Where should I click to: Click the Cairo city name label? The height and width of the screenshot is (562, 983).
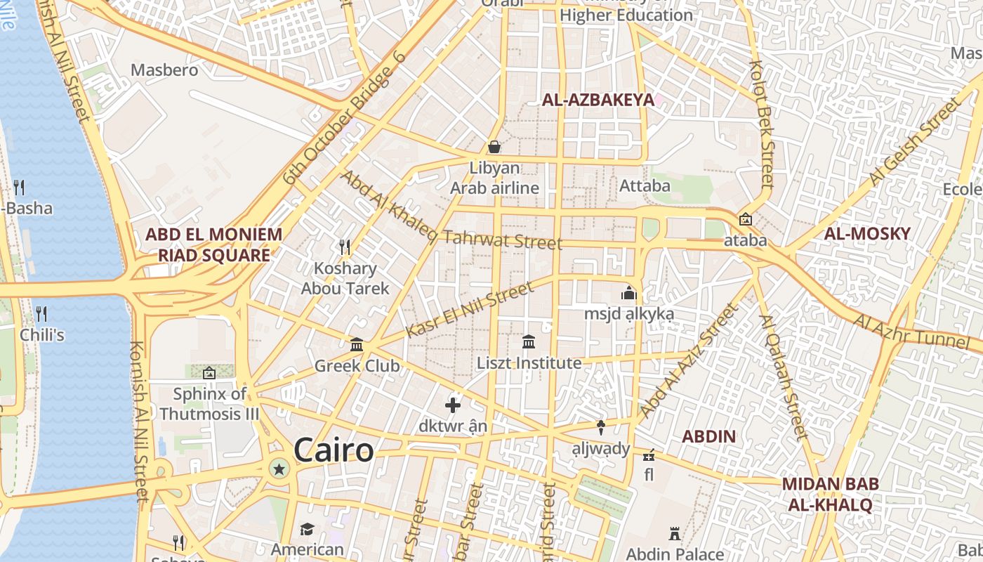click(334, 450)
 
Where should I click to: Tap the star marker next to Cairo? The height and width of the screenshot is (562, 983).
click(279, 469)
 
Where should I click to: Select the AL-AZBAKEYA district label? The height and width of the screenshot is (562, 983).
click(598, 100)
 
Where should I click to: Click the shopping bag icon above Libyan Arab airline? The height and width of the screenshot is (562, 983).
click(494, 147)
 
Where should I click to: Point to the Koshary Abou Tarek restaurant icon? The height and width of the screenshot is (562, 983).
click(345, 247)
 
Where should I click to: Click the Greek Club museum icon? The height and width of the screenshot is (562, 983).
click(357, 344)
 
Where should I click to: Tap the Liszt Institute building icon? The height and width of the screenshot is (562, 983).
click(529, 341)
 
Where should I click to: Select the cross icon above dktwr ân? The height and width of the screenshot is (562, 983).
click(453, 405)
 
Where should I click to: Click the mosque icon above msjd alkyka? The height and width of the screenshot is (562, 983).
click(628, 292)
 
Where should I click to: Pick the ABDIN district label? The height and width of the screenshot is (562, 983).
click(709, 436)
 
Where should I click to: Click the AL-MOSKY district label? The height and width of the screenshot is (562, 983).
click(867, 234)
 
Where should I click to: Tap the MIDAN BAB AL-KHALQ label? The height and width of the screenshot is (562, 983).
click(830, 494)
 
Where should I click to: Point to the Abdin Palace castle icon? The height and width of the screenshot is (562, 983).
click(675, 533)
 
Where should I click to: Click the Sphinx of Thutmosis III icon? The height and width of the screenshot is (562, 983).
click(209, 372)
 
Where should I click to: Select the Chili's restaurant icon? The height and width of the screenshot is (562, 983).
click(41, 313)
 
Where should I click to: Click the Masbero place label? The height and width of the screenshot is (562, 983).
click(164, 70)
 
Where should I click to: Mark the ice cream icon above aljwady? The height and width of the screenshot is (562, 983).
click(601, 427)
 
